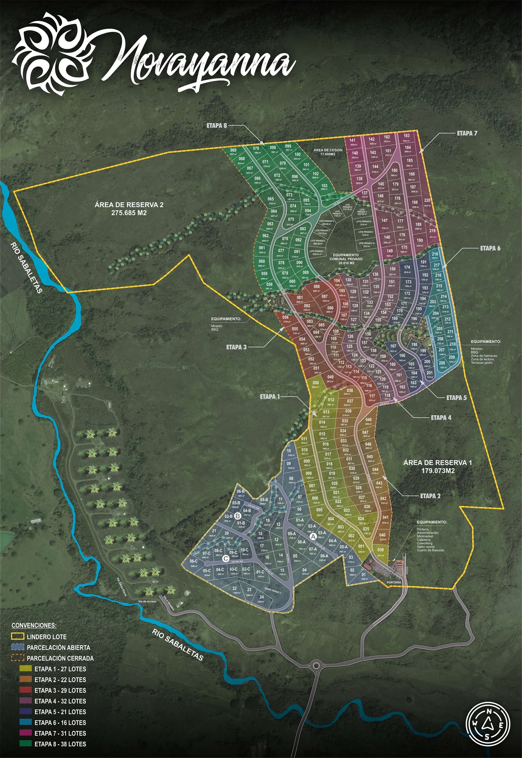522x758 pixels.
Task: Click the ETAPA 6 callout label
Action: point(490,248)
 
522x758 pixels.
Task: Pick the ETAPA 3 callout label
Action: point(236,347)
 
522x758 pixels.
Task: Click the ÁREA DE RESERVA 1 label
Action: point(433,466)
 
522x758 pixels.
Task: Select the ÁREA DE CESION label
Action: point(328,152)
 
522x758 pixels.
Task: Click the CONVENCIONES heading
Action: point(34,626)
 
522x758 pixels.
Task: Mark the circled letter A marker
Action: point(313,537)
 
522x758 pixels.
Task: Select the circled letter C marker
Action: point(225,558)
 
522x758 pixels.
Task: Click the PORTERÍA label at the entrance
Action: point(394,583)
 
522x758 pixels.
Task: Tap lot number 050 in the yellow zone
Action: point(316,383)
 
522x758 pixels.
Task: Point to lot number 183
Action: point(406,136)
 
